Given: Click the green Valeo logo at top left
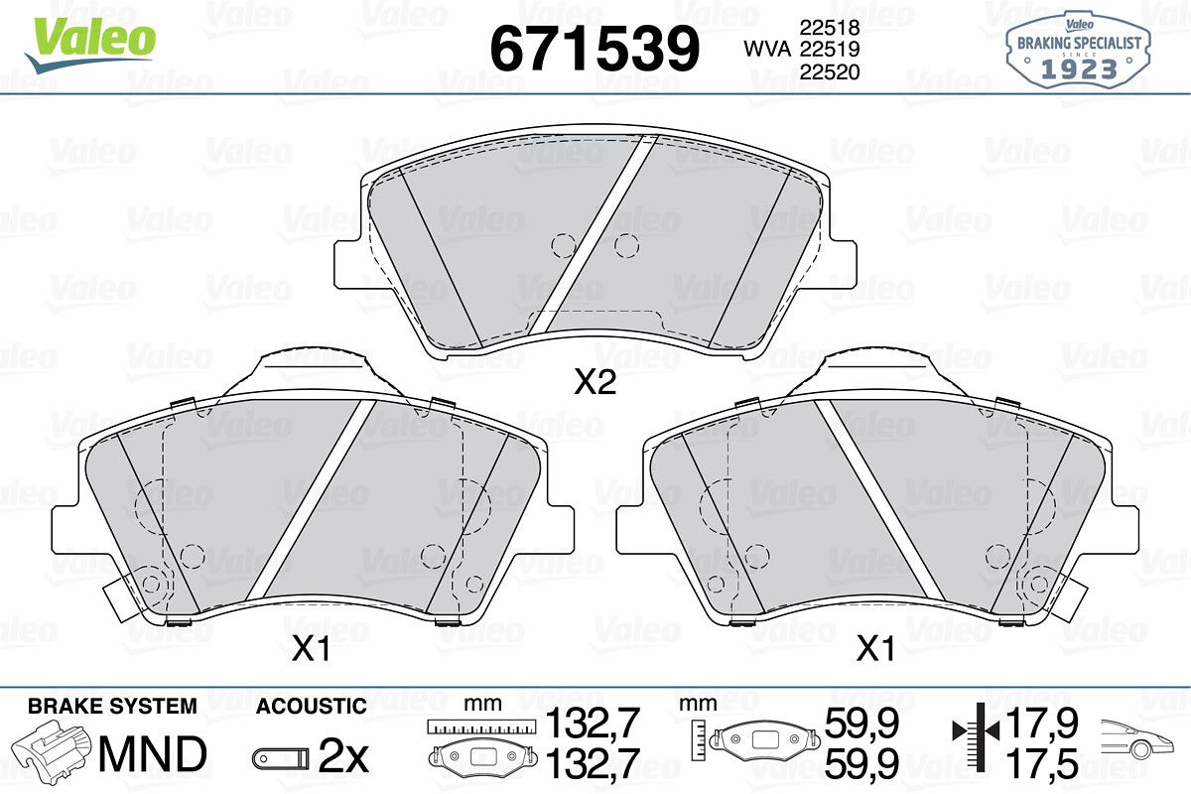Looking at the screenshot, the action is coord(90,46).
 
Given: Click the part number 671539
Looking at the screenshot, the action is coord(595,49).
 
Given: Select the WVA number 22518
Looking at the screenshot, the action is coord(830,27).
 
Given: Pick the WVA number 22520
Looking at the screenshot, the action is coord(830,71).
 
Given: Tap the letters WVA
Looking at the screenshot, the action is coord(767,50).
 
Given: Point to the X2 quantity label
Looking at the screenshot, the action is coord(595,382).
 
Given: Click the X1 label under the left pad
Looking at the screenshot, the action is coord(311,649).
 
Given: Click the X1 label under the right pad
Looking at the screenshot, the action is coord(875,649).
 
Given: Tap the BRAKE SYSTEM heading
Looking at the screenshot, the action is coord(112,707).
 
